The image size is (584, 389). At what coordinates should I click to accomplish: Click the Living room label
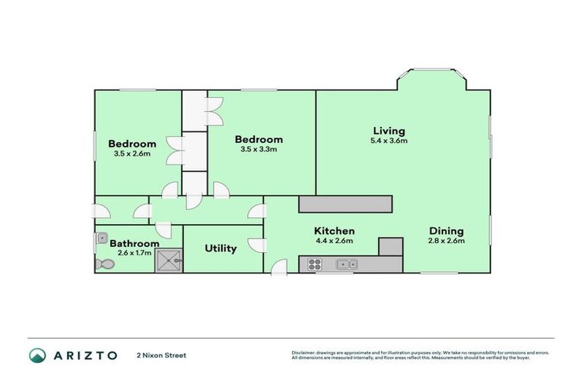click(388, 131)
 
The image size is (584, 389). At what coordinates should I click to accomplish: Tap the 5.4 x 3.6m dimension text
click(388, 141)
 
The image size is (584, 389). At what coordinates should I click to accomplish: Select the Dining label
click(446, 231)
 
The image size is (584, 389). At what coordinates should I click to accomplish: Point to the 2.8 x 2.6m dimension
click(446, 241)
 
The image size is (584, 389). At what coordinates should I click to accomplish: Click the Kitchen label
click(335, 231)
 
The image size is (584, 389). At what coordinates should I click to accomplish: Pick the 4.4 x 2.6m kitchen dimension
click(335, 241)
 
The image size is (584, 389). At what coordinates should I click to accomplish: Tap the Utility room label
click(221, 248)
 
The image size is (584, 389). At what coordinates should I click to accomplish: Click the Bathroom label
click(135, 244)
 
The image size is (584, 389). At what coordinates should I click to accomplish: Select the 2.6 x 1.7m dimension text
click(135, 253)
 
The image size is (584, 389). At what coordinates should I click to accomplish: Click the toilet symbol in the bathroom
click(103, 264)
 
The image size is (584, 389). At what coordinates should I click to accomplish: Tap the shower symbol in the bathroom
click(169, 261)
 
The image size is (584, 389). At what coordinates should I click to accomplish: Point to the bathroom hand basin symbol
click(101, 239)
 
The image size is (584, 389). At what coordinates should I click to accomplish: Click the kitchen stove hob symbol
click(313, 264)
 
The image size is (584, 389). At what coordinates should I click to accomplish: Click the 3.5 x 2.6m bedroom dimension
click(132, 153)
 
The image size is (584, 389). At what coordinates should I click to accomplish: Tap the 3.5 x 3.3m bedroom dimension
click(259, 150)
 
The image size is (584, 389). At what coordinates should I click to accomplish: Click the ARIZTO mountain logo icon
click(36, 355)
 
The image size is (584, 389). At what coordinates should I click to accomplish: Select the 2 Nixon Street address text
click(161, 355)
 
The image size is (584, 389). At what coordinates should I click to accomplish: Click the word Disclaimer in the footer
click(303, 353)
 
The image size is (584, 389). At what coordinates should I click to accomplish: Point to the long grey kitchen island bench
click(345, 204)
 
